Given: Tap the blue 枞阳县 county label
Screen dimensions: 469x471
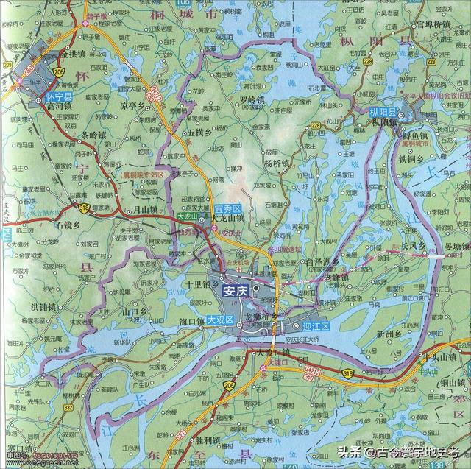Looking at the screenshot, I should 383,112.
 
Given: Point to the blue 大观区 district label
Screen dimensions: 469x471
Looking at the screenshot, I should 219,320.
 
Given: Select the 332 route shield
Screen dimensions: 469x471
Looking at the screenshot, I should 68,406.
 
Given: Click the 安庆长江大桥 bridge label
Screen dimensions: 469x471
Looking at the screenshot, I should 302,339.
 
